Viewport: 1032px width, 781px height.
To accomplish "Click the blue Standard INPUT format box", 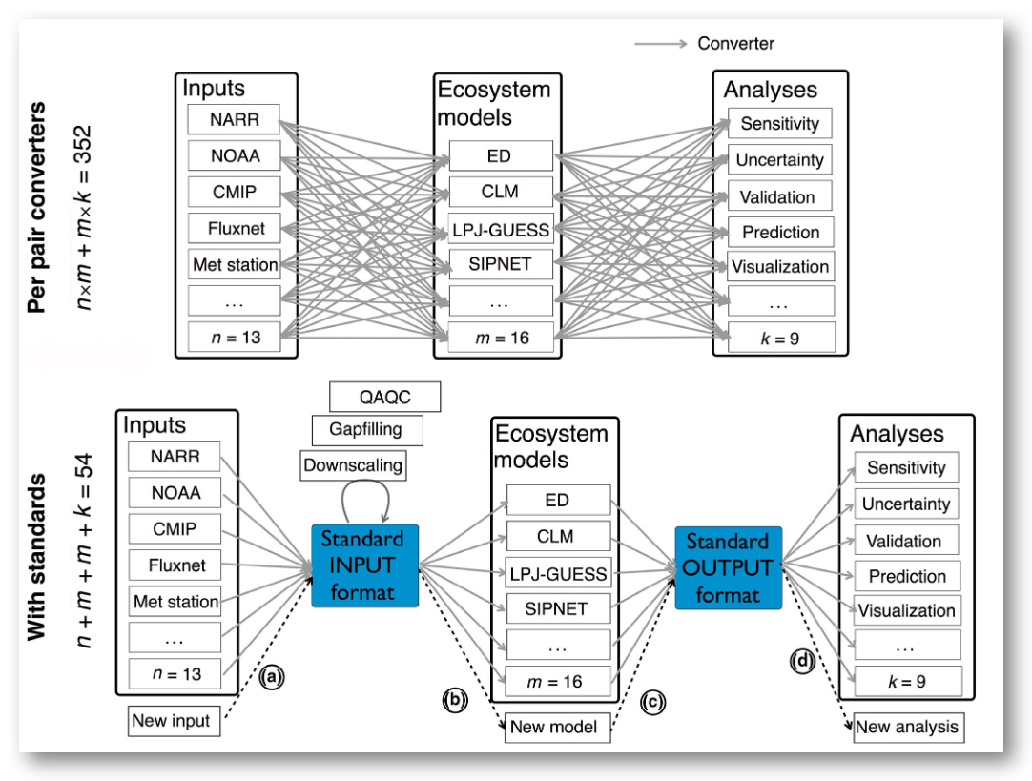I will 365,565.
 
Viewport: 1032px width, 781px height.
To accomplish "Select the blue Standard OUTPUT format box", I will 729,569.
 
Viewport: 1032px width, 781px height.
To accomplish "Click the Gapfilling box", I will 365,430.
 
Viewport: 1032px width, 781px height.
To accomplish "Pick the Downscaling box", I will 353,466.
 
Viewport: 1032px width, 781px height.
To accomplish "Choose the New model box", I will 555,727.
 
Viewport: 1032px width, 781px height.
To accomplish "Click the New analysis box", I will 907,727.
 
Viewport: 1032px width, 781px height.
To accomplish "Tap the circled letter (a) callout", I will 271,677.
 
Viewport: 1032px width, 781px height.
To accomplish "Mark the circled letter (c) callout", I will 653,702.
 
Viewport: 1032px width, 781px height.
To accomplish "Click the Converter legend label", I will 735,43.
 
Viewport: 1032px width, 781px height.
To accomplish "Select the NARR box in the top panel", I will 234,120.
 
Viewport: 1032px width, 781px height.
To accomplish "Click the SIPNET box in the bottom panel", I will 558,608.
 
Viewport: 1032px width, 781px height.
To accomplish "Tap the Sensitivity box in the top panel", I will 779,124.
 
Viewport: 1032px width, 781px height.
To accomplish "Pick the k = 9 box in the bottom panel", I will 907,680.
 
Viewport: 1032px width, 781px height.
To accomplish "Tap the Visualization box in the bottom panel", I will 906,610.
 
